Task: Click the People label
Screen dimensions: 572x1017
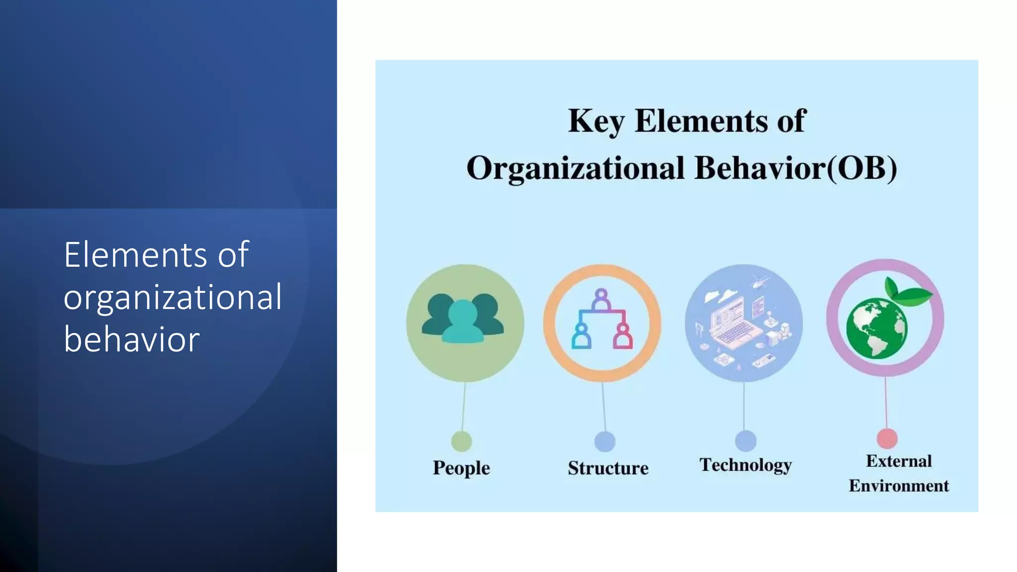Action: coord(461,468)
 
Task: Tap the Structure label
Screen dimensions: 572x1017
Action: coord(608,468)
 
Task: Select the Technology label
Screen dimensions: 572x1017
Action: coord(745,465)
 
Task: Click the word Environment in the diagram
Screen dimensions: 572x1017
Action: coord(898,486)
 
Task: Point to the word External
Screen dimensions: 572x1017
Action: coord(899,461)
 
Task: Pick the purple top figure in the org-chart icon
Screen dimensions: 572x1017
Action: coord(601,299)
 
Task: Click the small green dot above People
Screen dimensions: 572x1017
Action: coord(461,441)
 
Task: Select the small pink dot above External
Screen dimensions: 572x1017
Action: coord(887,438)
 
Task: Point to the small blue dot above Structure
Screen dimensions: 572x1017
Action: coord(605,441)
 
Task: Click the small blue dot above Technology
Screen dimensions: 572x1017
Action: coord(745,441)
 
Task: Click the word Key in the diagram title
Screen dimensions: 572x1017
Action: coord(595,121)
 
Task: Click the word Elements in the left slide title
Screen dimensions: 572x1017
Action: coord(135,255)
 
